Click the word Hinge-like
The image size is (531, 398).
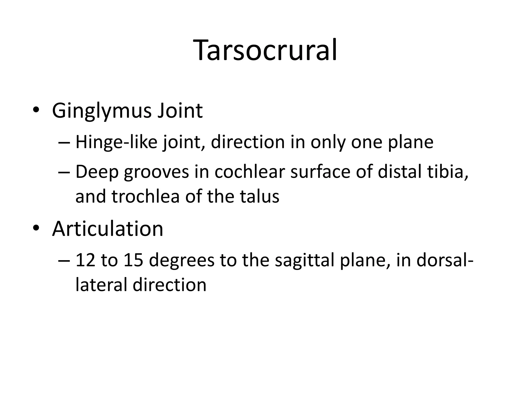[x=116, y=142]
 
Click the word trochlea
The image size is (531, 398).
[x=145, y=196]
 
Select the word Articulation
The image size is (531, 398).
[x=108, y=229]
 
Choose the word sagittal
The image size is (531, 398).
[x=305, y=260]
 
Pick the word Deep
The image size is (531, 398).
[x=97, y=172]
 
